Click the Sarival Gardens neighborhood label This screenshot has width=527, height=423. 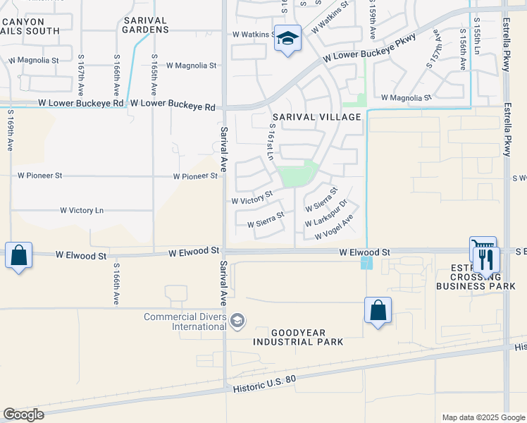click(x=145, y=25)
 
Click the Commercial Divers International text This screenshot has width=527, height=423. click(x=185, y=321)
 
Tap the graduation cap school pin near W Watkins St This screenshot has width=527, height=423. click(x=287, y=38)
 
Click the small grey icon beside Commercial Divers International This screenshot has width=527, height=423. click(x=238, y=321)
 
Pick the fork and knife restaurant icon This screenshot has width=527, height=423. click(x=486, y=260)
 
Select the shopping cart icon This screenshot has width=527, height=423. click(x=482, y=248)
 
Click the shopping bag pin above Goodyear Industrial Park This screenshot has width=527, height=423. click(x=378, y=310)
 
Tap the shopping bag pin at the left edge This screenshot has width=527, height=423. click(x=18, y=255)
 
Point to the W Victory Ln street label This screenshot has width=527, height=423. click(x=82, y=210)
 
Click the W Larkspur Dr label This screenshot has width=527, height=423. click(x=326, y=214)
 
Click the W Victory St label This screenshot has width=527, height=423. click(x=252, y=197)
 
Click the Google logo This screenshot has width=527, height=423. click(x=23, y=415)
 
